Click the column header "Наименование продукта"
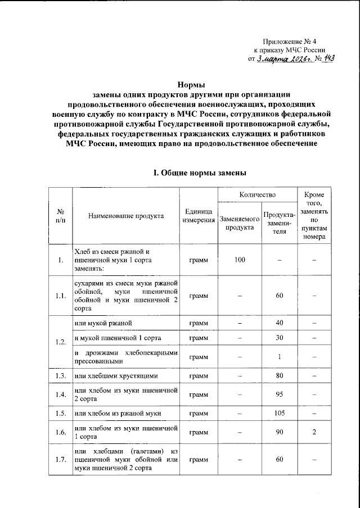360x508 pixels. coord(125,215)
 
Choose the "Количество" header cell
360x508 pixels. coord(257,195)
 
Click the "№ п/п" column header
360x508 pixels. coord(60,215)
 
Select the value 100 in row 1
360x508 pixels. coord(240,260)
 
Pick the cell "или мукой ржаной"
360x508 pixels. coord(103,323)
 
